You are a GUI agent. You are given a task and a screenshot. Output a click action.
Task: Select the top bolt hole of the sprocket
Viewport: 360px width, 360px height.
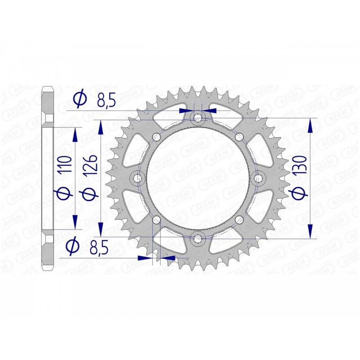[197, 118]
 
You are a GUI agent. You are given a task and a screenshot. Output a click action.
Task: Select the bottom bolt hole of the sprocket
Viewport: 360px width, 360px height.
[197, 239]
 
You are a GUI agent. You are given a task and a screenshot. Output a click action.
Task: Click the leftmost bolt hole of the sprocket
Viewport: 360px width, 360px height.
[137, 179]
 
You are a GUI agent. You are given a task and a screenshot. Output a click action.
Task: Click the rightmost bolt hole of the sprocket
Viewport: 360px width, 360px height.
[258, 179]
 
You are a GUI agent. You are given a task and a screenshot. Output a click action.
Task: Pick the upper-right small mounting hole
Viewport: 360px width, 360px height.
[238, 137]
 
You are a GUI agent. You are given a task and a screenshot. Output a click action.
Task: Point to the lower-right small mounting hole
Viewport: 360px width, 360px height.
[238, 220]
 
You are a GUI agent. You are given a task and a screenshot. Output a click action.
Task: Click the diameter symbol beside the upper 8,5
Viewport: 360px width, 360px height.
[80, 99]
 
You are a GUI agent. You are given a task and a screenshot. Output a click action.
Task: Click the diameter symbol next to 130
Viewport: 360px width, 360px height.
[302, 192]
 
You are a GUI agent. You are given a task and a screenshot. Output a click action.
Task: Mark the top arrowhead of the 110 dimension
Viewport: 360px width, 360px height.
[75, 135]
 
